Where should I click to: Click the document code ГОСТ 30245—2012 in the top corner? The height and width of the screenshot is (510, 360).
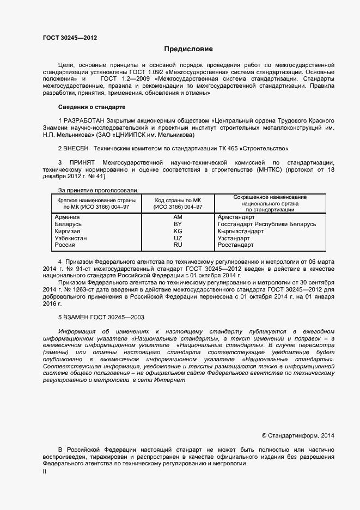click(x=70, y=38)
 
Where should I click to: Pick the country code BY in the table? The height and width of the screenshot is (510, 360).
click(x=178, y=224)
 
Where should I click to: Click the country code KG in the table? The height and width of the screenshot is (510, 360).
click(x=178, y=231)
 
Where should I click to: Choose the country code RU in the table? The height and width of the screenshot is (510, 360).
click(x=178, y=245)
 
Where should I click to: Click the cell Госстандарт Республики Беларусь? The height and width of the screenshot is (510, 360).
click(x=266, y=224)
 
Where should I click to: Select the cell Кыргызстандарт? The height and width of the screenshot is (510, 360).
click(x=240, y=231)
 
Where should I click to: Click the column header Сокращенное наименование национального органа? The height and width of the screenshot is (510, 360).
click(x=270, y=203)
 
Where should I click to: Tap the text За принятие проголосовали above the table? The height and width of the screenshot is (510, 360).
click(x=98, y=190)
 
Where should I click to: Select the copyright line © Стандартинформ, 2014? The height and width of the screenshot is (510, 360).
click(x=298, y=435)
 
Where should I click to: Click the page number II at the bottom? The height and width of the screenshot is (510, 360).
click(x=45, y=472)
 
